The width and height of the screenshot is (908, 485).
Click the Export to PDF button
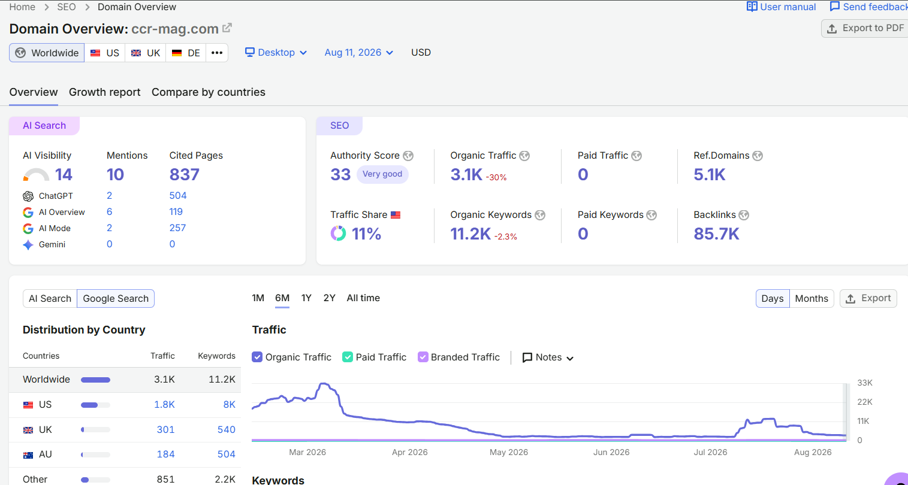(865, 28)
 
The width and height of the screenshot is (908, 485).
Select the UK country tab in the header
(146, 53)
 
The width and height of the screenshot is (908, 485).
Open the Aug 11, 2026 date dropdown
(359, 53)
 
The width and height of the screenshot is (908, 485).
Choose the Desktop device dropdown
(276, 53)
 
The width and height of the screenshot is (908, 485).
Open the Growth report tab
(104, 92)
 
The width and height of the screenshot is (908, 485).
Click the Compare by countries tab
(209, 92)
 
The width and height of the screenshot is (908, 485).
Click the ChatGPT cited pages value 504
(178, 196)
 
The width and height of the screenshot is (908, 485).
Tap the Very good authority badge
(382, 174)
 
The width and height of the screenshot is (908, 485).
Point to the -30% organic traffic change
(496, 177)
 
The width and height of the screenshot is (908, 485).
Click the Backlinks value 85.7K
(716, 234)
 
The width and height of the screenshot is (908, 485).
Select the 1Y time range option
(306, 298)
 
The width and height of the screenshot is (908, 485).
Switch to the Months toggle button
(812, 298)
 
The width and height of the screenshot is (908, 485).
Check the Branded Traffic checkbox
(423, 357)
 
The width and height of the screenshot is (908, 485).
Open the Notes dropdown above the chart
(548, 357)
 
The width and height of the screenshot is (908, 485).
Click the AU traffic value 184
(166, 454)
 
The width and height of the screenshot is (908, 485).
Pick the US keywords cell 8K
(230, 404)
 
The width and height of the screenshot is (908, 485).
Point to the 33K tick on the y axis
(865, 383)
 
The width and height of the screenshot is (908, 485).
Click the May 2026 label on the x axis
(509, 452)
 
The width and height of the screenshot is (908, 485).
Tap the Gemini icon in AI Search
(28, 245)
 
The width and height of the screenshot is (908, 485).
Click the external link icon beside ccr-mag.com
(227, 28)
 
